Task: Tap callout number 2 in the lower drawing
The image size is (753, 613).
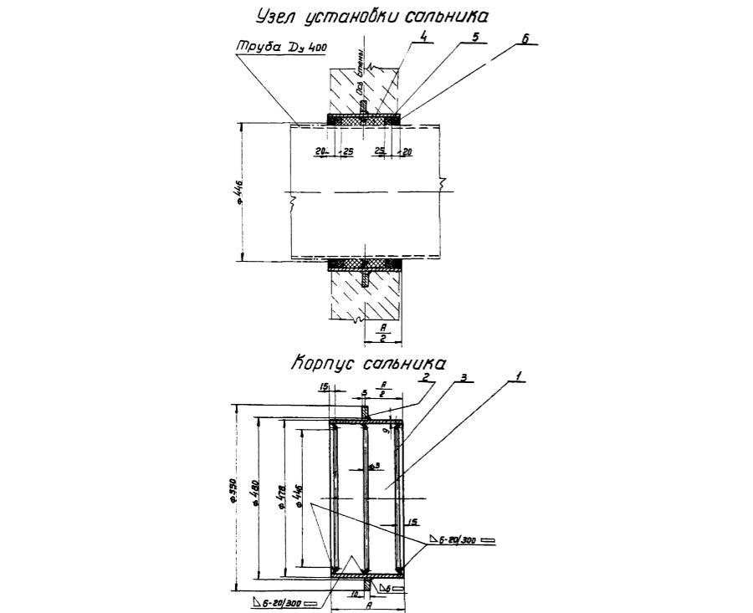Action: (426, 377)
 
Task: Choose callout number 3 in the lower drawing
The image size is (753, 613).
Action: (463, 378)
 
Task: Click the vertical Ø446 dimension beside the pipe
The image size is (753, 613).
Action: (239, 192)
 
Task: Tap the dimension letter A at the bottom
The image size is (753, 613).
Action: (369, 607)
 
